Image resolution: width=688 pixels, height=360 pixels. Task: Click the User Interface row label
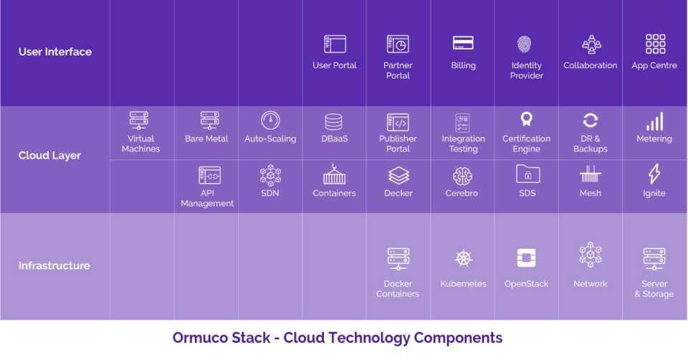(x=55, y=52)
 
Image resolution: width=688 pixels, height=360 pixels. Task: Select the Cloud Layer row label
(x=49, y=156)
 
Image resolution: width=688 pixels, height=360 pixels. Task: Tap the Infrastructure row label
(x=54, y=265)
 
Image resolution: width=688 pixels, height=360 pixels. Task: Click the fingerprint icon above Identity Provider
(x=526, y=44)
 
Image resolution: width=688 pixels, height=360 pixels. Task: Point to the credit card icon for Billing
(x=463, y=44)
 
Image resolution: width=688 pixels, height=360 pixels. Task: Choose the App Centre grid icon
(x=654, y=44)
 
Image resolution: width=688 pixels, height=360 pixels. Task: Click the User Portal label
(x=334, y=65)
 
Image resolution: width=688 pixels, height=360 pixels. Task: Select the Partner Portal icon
(x=398, y=44)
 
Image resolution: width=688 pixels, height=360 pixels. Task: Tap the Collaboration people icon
(x=590, y=44)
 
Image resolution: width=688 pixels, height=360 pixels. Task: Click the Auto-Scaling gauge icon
(x=270, y=120)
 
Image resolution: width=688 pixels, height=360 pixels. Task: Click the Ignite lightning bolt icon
(x=654, y=174)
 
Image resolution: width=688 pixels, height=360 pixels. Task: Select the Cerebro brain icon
(x=462, y=176)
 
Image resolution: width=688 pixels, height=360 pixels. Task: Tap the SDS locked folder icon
(x=527, y=174)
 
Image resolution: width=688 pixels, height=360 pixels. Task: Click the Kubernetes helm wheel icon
(x=463, y=259)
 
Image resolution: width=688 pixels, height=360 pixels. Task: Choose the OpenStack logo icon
(x=527, y=258)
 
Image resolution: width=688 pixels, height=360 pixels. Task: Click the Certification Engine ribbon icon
(x=527, y=120)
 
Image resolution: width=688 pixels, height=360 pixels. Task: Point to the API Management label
(x=207, y=198)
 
